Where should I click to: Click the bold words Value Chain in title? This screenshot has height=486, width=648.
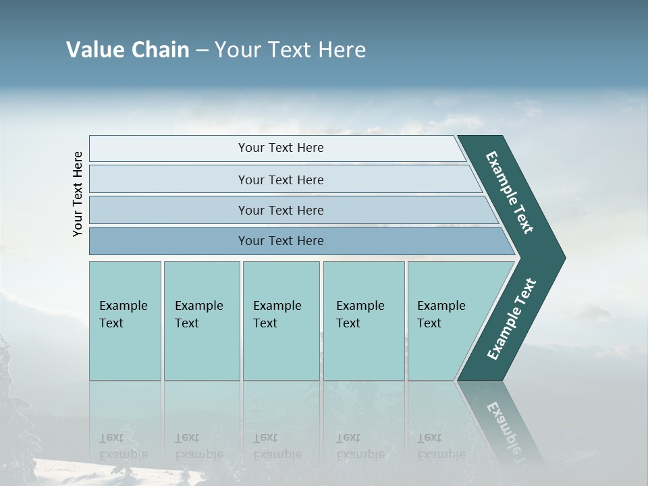pos(128,50)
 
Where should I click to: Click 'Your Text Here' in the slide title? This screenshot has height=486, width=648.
pos(290,50)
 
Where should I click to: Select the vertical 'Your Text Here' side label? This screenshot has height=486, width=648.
pos(78,194)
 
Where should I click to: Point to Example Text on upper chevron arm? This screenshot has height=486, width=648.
pos(510,192)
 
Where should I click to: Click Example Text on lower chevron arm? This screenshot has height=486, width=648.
pos(512,319)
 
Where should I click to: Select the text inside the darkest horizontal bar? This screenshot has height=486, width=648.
pos(281,241)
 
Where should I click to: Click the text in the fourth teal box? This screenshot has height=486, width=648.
pos(360,315)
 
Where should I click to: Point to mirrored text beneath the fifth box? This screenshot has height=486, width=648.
pos(440,446)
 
